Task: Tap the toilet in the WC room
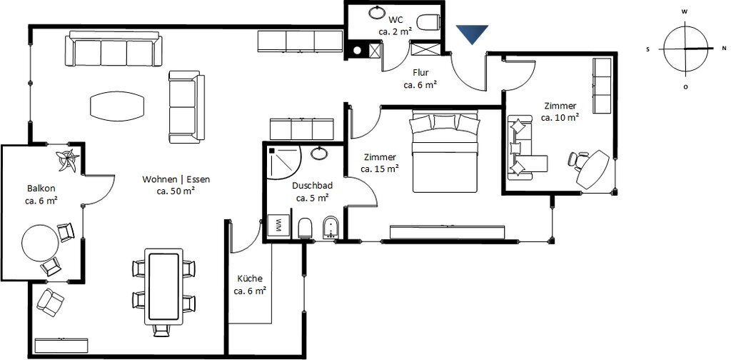pyautogui.click(x=428, y=22)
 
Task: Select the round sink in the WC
pyautogui.click(x=376, y=13)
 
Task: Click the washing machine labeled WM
pyautogui.click(x=279, y=226)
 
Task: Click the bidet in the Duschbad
pyautogui.click(x=331, y=227)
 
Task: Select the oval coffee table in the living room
pyautogui.click(x=118, y=106)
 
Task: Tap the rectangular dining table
pyautogui.click(x=163, y=287)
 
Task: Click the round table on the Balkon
pyautogui.click(x=41, y=243)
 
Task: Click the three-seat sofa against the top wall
pyautogui.click(x=114, y=49)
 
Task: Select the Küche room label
pyautogui.click(x=250, y=279)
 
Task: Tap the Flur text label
pyautogui.click(x=420, y=73)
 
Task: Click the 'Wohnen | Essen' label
pyautogui.click(x=176, y=179)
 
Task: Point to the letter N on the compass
pyautogui.click(x=724, y=48)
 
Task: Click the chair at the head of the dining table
pyautogui.click(x=162, y=330)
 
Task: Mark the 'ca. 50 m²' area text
pyautogui.click(x=176, y=191)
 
